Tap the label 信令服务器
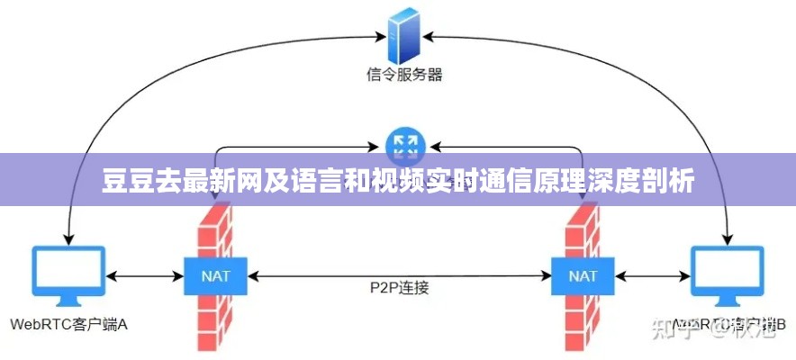coord(404,75)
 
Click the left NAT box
coord(213,275)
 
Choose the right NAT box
coord(583,275)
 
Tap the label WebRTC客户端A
coord(69,325)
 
